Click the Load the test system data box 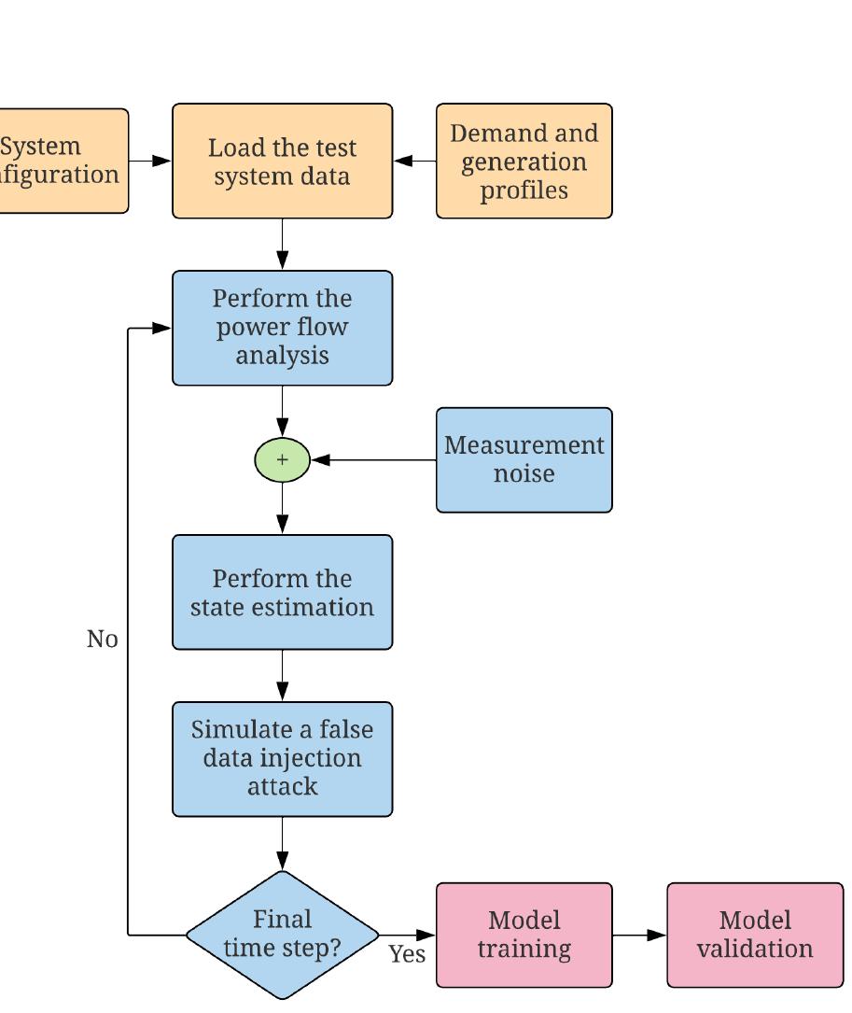[282, 162]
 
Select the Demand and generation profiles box [524, 162]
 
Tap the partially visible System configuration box [62, 161]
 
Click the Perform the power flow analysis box [282, 328]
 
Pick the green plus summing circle [282, 459]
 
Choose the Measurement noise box [524, 459]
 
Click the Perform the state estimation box [282, 592]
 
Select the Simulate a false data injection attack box [282, 758]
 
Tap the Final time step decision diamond [282, 934]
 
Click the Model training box [524, 935]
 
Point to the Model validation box [754, 935]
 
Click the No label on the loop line [102, 640]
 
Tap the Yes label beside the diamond [407, 954]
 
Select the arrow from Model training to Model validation [640, 935]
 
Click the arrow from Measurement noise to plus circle [373, 459]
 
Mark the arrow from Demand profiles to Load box [414, 161]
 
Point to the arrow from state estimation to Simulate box [282, 675]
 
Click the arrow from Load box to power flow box [282, 245]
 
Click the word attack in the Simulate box [282, 786]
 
